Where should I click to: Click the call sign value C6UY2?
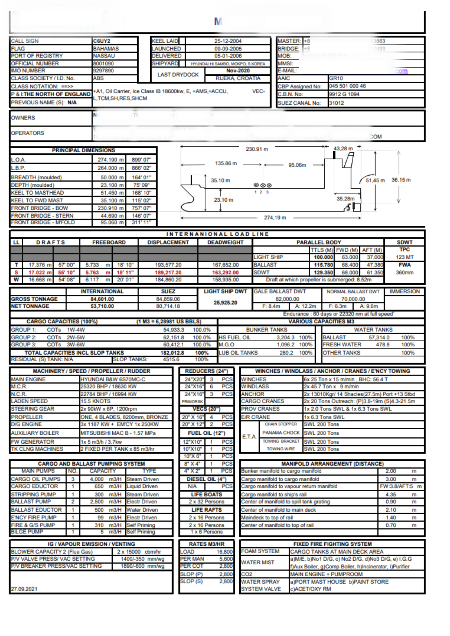click(x=102, y=41)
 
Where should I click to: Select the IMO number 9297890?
click(x=103, y=71)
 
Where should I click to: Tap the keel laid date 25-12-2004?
click(x=228, y=41)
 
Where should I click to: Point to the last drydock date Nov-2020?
click(x=238, y=71)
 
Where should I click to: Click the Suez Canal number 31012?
click(x=336, y=103)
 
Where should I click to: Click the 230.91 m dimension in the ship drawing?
click(x=257, y=149)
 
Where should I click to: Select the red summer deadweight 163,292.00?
click(x=225, y=273)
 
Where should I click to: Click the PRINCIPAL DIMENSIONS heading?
click(x=83, y=150)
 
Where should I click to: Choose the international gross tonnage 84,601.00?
click(x=102, y=299)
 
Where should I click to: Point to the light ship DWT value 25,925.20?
click(x=225, y=302)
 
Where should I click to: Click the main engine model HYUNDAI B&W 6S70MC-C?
click(x=113, y=379)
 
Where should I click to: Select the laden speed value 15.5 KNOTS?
click(x=95, y=401)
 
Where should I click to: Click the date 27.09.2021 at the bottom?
click(x=24, y=589)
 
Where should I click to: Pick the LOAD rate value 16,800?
click(x=225, y=552)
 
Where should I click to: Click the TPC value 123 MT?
click(x=404, y=257)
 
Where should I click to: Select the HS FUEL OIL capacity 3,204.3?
click(x=285, y=337)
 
